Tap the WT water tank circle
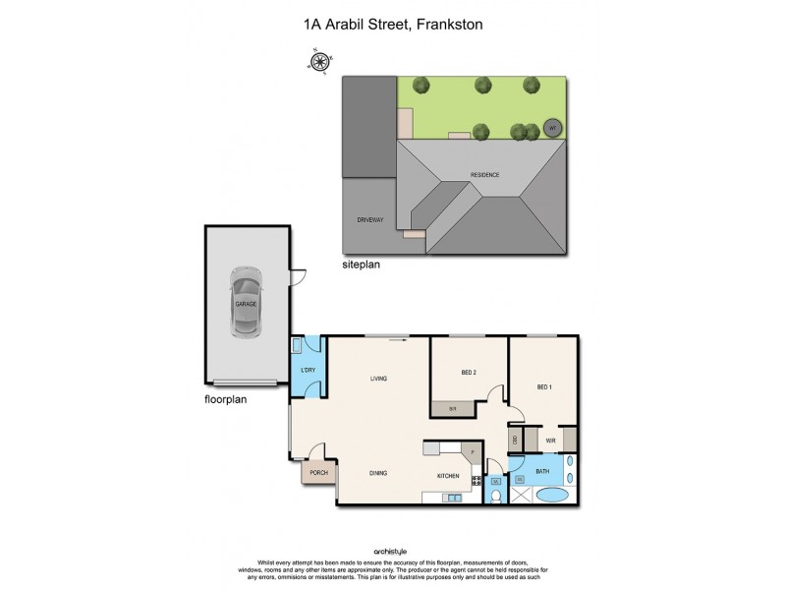552,129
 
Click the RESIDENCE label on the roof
483,175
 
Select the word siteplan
361,265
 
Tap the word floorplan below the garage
225,401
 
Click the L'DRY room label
309,372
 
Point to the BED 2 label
469,372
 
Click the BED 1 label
544,386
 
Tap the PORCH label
318,473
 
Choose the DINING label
378,473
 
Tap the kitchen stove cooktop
477,481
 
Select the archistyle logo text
392,551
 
